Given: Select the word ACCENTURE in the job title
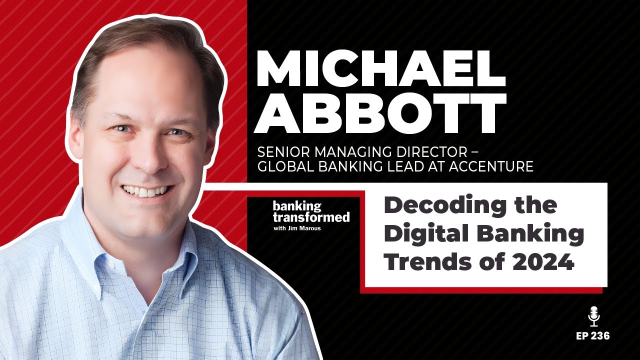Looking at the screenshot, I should click(x=491, y=167).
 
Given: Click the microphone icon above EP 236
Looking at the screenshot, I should click(x=593, y=316).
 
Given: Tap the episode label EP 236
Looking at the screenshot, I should click(x=593, y=336).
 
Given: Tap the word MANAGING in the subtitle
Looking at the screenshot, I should click(x=349, y=151).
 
